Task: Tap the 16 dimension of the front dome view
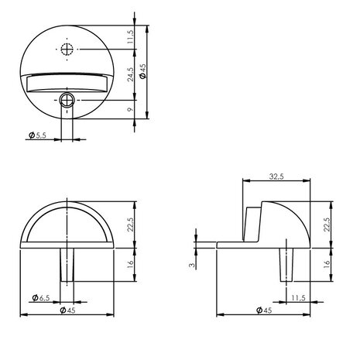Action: (x=131, y=263)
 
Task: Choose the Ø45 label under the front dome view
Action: (x=68, y=310)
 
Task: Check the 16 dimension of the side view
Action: (x=329, y=263)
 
